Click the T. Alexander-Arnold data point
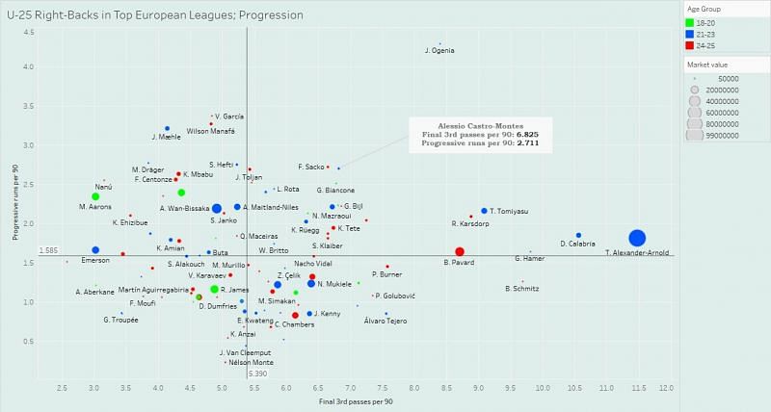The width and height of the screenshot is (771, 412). pyautogui.click(x=637, y=239)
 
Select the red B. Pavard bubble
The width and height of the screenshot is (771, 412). pyautogui.click(x=460, y=252)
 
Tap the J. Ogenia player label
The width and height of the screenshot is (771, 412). pyautogui.click(x=439, y=51)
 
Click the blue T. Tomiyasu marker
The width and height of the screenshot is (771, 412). pyautogui.click(x=484, y=210)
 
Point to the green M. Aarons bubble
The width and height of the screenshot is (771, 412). pyautogui.click(x=95, y=196)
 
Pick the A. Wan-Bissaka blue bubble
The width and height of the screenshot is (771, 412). pyautogui.click(x=217, y=209)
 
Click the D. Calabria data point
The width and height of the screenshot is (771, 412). pyautogui.click(x=578, y=235)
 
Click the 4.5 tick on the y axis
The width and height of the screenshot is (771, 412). pyautogui.click(x=29, y=32)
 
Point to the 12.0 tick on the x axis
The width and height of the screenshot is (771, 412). pyautogui.click(x=666, y=388)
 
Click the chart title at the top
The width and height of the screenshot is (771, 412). pyautogui.click(x=154, y=15)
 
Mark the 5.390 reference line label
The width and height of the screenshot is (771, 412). pyautogui.click(x=257, y=373)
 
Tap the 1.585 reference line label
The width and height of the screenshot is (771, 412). pyautogui.click(x=49, y=250)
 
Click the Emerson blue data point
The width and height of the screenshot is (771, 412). pyautogui.click(x=95, y=250)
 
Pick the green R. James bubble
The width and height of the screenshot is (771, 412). pyautogui.click(x=214, y=289)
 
